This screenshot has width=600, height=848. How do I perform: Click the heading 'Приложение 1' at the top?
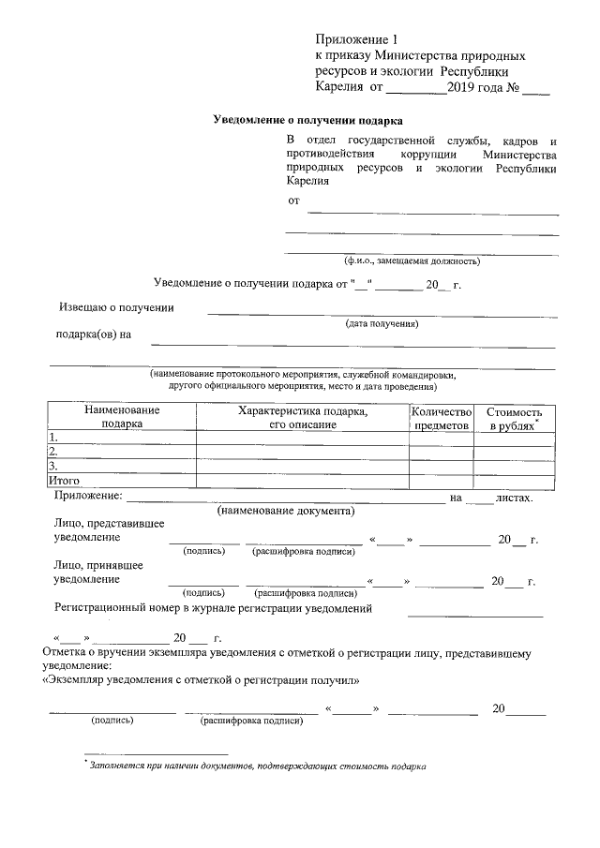(357, 40)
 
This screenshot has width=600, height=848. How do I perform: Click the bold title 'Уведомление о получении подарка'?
(308, 121)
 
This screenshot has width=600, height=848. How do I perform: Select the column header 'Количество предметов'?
(441, 418)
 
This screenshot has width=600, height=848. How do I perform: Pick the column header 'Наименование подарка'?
(122, 417)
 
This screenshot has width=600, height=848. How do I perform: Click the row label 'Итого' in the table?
(61, 481)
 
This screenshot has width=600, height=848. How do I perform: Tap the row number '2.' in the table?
(54, 451)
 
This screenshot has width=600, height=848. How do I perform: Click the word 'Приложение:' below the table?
(88, 496)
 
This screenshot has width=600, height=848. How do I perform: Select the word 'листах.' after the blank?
(515, 497)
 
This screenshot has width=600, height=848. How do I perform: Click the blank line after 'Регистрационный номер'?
(475, 614)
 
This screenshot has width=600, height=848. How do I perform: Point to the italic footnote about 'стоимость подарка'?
(257, 766)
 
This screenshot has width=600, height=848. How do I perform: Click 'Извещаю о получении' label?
(116, 306)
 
